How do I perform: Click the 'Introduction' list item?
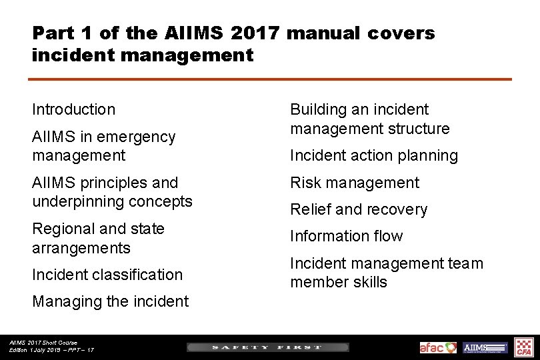73,109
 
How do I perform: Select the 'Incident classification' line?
107,275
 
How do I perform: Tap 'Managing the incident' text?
110,301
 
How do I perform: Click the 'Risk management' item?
355,183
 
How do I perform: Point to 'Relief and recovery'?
359,209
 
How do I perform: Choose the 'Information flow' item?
346,236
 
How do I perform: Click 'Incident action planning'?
374,156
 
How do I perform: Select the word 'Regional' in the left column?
62,229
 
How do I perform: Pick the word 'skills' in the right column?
366,282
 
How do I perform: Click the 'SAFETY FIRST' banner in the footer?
267,347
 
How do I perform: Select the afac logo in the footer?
438,347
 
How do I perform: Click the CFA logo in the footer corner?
524,347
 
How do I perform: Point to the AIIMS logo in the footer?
485,347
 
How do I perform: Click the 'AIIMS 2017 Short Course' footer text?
43,343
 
